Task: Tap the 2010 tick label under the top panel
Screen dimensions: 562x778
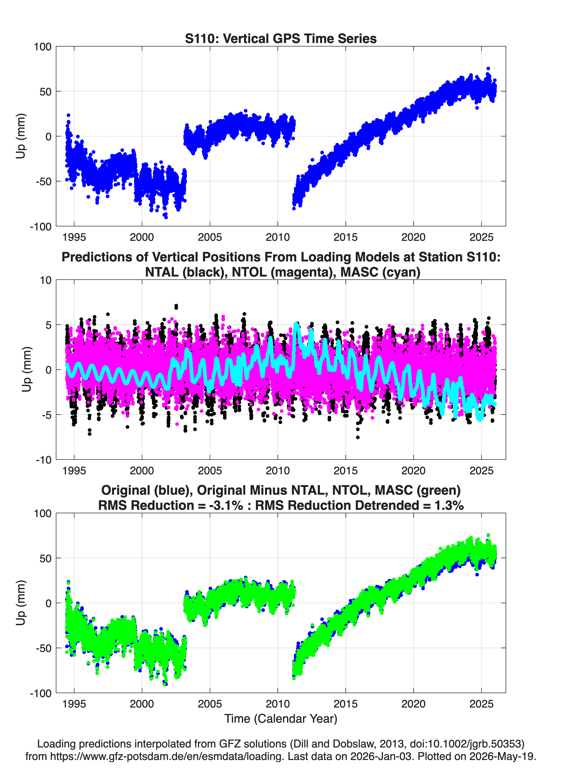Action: [278, 237]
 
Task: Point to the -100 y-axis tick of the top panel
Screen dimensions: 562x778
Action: [40, 226]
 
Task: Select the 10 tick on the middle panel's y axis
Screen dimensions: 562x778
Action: [46, 280]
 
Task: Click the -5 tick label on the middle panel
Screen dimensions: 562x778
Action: [44, 415]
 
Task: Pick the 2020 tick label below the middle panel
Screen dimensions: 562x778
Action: [414, 470]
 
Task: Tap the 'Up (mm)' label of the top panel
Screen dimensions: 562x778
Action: [21, 136]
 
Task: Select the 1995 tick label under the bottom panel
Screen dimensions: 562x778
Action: [74, 704]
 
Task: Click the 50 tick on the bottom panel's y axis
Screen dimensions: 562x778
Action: [46, 558]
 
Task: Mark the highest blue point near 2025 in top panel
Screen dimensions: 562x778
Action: [488, 69]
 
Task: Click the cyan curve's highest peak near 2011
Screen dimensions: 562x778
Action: [296, 324]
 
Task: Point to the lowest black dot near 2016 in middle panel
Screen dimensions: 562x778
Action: [358, 437]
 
